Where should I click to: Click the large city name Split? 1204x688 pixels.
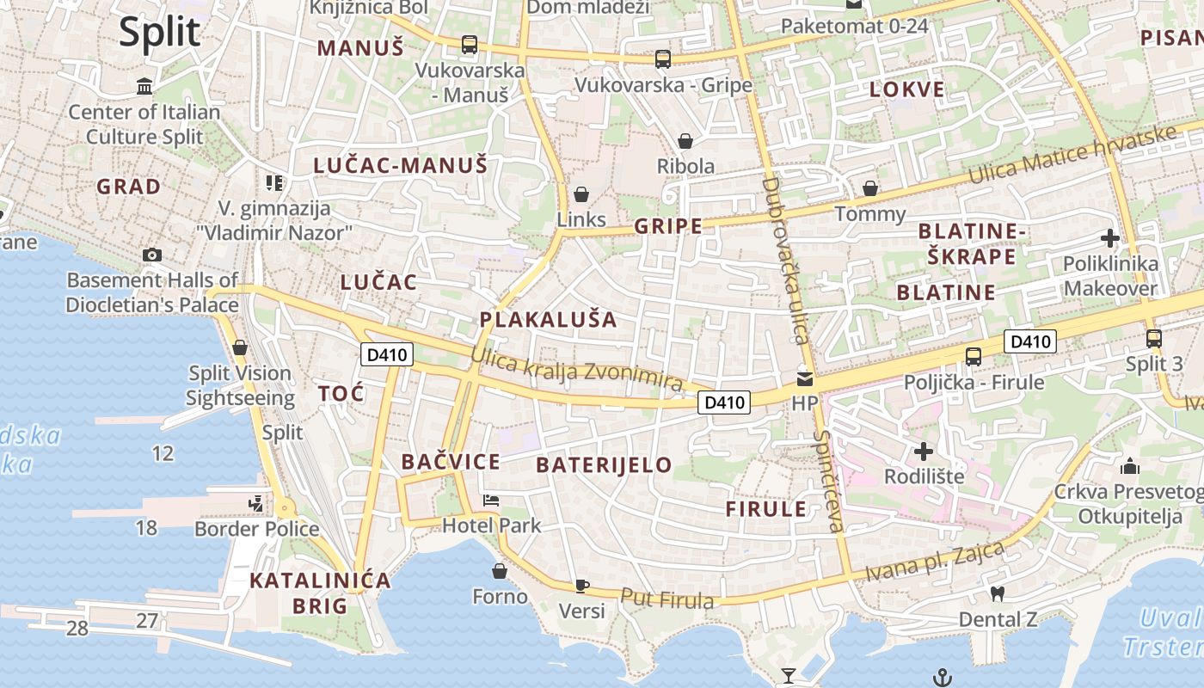[x=159, y=32]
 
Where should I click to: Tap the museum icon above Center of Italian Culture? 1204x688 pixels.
[x=144, y=87]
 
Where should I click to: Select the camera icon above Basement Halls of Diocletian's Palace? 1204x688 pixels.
[x=152, y=255]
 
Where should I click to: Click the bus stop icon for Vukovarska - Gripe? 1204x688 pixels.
[x=662, y=59]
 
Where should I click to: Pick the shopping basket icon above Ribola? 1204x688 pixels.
[x=685, y=141]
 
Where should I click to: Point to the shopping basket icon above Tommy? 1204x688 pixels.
[x=870, y=188]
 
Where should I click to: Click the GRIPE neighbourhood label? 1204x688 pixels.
[x=667, y=226]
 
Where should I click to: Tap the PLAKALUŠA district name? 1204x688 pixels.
[x=549, y=320]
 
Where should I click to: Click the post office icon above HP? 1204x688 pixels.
[x=804, y=378]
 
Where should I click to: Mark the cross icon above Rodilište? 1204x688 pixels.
[x=924, y=451]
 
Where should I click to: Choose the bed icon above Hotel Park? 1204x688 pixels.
[x=491, y=501]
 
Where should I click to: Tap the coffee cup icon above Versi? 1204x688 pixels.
[x=582, y=586]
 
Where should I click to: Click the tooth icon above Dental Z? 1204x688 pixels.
[x=998, y=593]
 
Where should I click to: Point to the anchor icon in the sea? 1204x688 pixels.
[x=943, y=677]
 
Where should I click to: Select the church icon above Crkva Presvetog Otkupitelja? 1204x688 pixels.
[x=1130, y=466]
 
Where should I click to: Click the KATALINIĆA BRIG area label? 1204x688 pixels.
[x=320, y=593]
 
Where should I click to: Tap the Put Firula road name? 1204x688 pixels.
[x=666, y=599]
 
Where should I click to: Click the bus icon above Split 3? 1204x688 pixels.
[x=1154, y=339]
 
